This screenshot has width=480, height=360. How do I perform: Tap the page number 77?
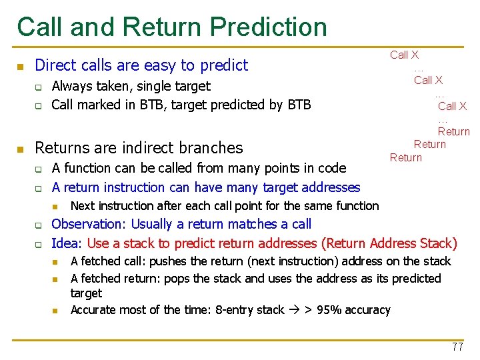click(457, 347)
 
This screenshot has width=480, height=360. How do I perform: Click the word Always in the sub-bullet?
click(73, 86)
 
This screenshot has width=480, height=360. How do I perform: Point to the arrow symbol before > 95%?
click(291, 310)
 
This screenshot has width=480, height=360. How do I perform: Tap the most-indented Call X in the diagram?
click(452, 106)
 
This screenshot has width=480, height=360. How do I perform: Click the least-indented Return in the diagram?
click(405, 157)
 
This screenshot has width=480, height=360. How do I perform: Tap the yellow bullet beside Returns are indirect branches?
click(21, 148)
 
